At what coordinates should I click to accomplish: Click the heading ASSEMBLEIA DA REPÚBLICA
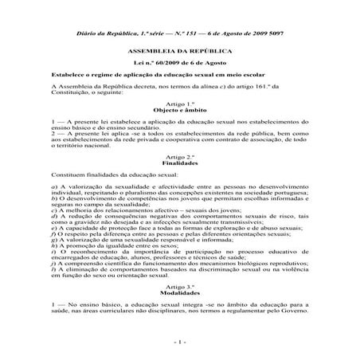(180, 50)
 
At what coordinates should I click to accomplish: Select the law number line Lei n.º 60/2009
(180, 61)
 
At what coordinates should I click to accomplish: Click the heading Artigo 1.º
(179, 105)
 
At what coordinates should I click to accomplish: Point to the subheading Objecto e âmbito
(179, 112)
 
